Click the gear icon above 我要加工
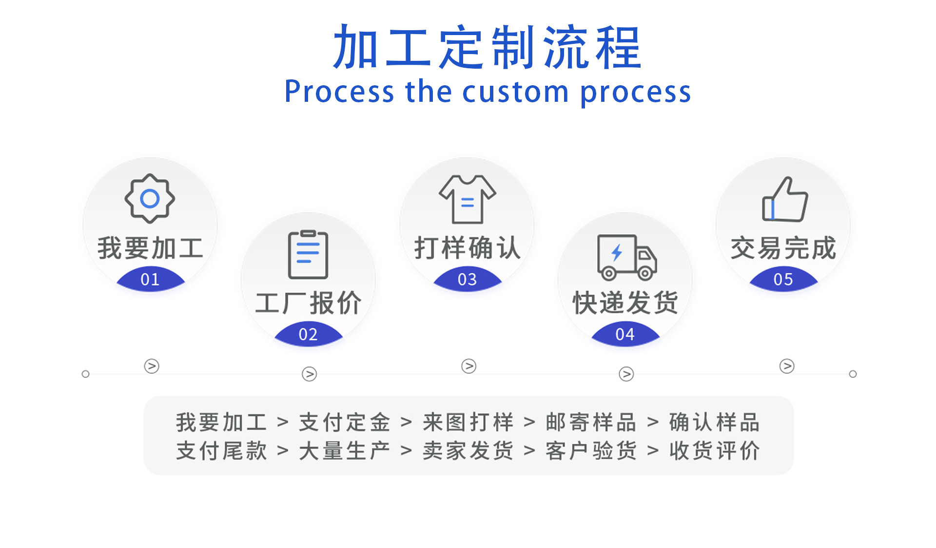[x=150, y=199]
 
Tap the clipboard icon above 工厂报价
[x=308, y=254]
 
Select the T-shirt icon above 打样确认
[x=468, y=199]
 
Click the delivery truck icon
[x=626, y=257]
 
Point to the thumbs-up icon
[x=784, y=200]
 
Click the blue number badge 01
[x=150, y=280]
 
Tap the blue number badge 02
[x=308, y=335]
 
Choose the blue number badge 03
[x=467, y=280]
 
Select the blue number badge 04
[x=625, y=335]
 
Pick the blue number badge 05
[x=783, y=280]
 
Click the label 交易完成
[x=783, y=248]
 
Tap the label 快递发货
[x=625, y=303]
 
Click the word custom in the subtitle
[x=515, y=92]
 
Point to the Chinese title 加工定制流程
[x=487, y=48]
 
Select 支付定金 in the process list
[x=345, y=422]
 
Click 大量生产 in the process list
[x=345, y=451]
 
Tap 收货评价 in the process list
[x=714, y=451]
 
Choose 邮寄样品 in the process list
[x=591, y=422]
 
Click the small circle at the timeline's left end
[x=86, y=374]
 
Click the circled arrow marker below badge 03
[x=468, y=366]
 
